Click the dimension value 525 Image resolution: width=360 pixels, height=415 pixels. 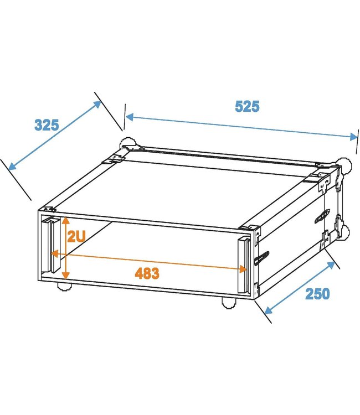[x=247, y=106]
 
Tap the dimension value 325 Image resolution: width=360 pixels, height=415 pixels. [x=47, y=125]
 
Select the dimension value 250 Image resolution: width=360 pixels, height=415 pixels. [x=317, y=293]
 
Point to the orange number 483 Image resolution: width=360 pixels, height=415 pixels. [x=147, y=273]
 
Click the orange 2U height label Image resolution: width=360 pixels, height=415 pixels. [x=76, y=238]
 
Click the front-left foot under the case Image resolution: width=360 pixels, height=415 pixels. [x=64, y=287]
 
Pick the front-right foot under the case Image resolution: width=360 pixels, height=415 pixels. [x=228, y=302]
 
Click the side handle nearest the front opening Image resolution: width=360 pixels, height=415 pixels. [x=262, y=258]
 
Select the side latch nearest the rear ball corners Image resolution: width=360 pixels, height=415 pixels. [x=322, y=216]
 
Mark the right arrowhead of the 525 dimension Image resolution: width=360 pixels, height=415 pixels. [x=354, y=137]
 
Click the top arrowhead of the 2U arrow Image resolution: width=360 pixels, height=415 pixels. [x=66, y=220]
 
